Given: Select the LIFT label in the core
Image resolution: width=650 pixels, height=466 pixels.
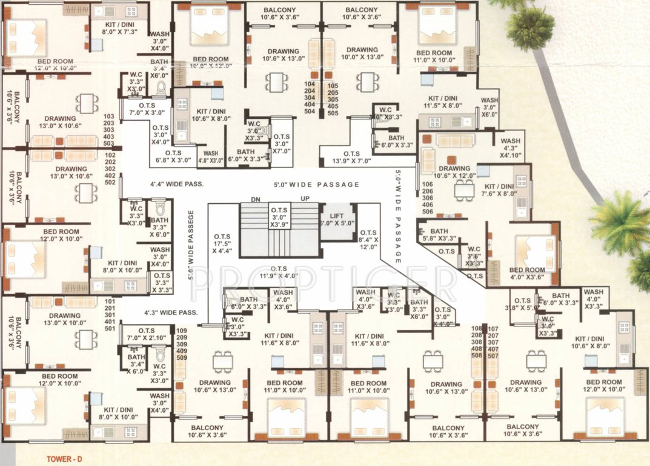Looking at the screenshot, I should [x=337, y=217].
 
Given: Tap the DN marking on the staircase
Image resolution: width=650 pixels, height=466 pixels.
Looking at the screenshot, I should [x=256, y=200].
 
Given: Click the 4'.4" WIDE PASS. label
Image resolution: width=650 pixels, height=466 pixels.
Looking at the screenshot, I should [x=177, y=184].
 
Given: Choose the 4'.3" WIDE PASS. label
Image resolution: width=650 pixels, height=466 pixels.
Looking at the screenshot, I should [x=171, y=312].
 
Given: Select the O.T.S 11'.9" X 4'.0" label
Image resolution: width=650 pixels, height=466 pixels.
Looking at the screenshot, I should [x=279, y=272].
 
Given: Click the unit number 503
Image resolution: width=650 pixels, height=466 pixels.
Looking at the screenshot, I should [x=109, y=143].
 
